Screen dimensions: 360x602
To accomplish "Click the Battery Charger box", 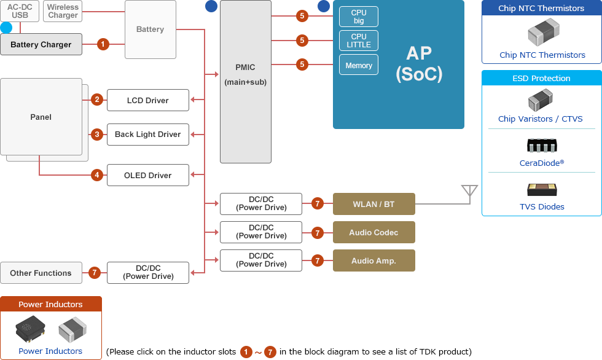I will (41, 44).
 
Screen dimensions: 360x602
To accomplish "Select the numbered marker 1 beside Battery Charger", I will (103, 44).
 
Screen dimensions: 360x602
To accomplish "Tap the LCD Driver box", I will (147, 100).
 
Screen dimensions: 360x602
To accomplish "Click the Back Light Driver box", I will (147, 135).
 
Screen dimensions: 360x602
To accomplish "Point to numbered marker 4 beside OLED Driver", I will (96, 175).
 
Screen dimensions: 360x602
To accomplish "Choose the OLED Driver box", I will (147, 175).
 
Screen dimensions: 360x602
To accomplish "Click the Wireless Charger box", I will (63, 11).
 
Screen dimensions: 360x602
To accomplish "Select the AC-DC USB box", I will (20, 11).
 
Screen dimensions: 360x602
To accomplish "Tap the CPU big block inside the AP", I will (359, 17).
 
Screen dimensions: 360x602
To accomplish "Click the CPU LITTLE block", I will (359, 41).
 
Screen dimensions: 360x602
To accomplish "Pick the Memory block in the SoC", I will (359, 65).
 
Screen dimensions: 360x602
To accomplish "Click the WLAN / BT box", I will (373, 204).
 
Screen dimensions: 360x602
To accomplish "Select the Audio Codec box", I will (373, 232).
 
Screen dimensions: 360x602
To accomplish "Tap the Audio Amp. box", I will (373, 260).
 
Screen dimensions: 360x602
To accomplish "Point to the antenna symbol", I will (469, 192).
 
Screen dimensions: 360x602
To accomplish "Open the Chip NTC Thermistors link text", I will (542, 55).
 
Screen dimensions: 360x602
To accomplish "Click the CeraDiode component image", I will (542, 146).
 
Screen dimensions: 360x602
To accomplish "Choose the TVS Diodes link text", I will (542, 207).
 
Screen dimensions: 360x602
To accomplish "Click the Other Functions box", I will (41, 273).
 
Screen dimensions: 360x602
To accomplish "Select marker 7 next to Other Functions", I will (94, 273).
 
